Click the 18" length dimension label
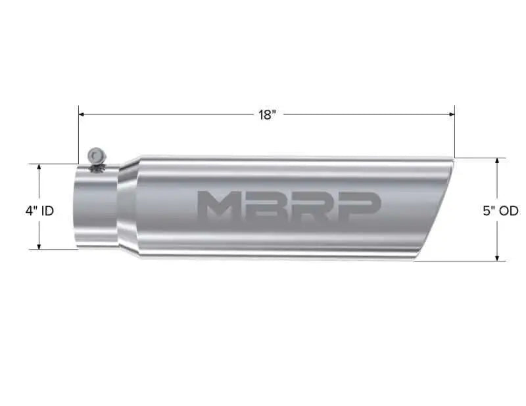click(x=266, y=115)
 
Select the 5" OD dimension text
click(x=500, y=211)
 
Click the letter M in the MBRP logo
click(x=218, y=206)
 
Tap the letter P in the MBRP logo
click(x=358, y=206)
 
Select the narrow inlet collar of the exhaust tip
click(x=95, y=207)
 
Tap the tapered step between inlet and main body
click(x=128, y=207)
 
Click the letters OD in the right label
click(x=509, y=211)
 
